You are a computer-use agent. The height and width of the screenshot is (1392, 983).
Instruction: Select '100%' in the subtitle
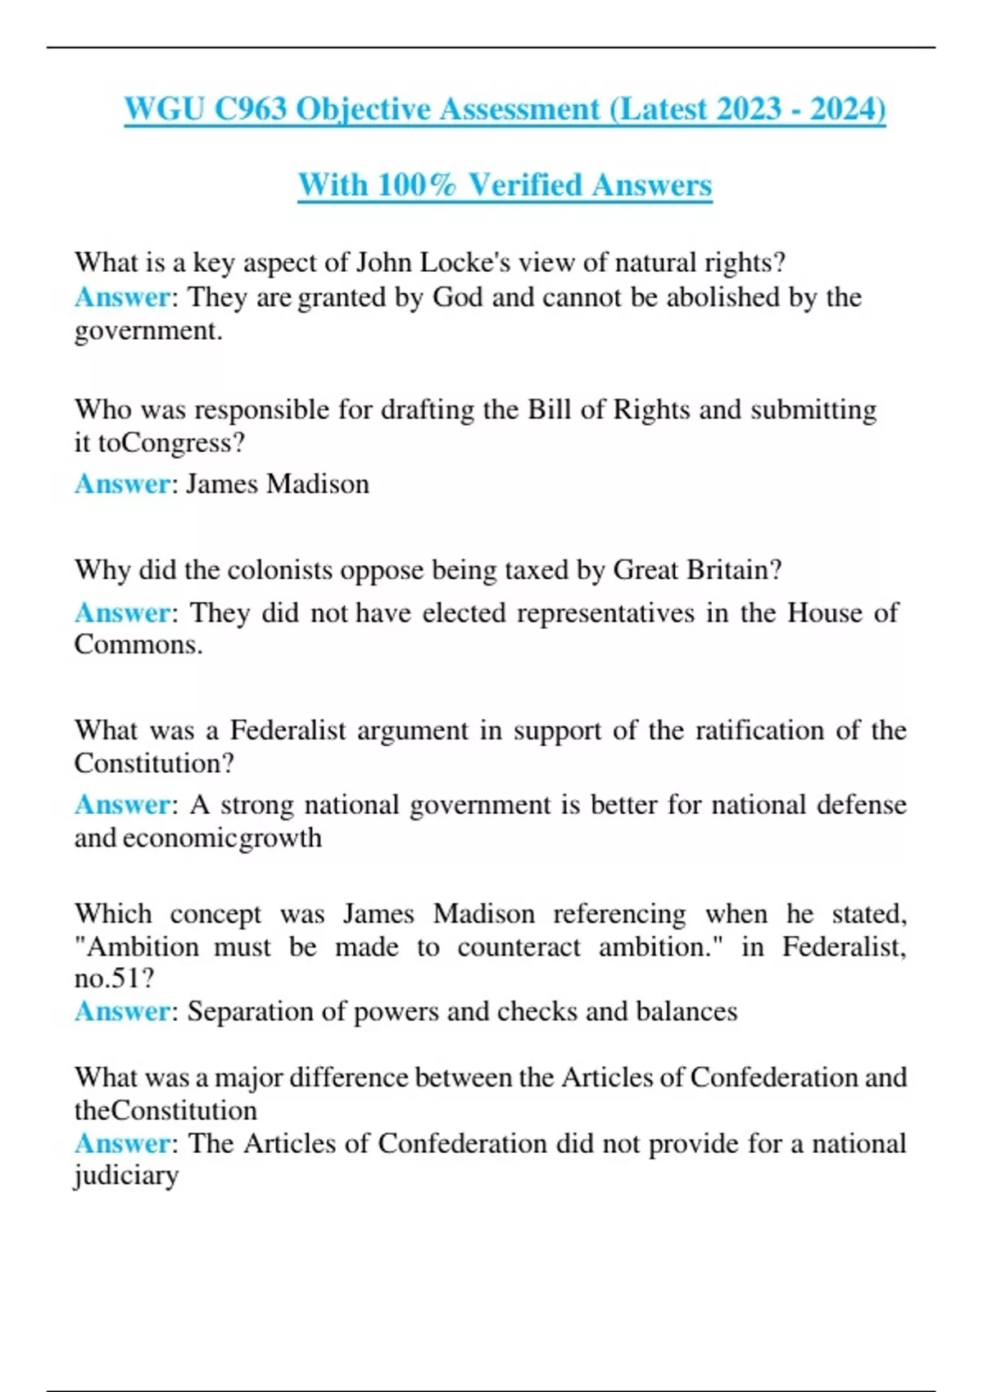(x=416, y=185)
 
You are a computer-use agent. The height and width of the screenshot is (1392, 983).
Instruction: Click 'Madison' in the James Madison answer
(x=318, y=484)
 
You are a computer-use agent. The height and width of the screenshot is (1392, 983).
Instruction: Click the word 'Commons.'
(x=138, y=644)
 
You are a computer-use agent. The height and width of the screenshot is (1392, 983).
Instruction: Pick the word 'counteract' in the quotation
(x=519, y=947)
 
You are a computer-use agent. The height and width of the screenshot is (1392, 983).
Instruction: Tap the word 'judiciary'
(x=126, y=1177)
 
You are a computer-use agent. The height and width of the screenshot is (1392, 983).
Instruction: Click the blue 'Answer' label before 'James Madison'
(x=123, y=484)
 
